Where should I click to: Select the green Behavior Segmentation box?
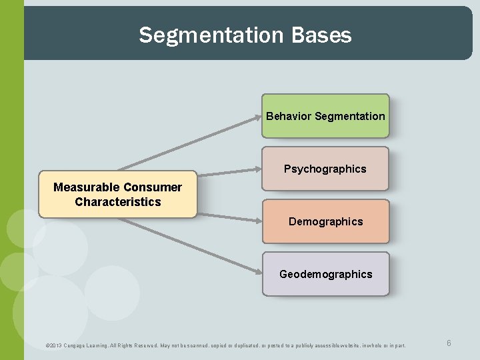pyautogui.click(x=325, y=116)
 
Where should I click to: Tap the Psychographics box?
pyautogui.click(x=325, y=169)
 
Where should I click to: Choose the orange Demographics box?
pyautogui.click(x=325, y=221)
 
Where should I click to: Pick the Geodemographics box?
pyautogui.click(x=325, y=274)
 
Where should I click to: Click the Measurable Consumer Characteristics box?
pyautogui.click(x=118, y=195)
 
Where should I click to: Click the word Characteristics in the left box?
pyautogui.click(x=118, y=202)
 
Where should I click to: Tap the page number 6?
pyautogui.click(x=449, y=343)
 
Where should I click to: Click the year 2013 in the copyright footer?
pyautogui.click(x=56, y=345)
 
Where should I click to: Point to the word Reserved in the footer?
pyautogui.click(x=152, y=345)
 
